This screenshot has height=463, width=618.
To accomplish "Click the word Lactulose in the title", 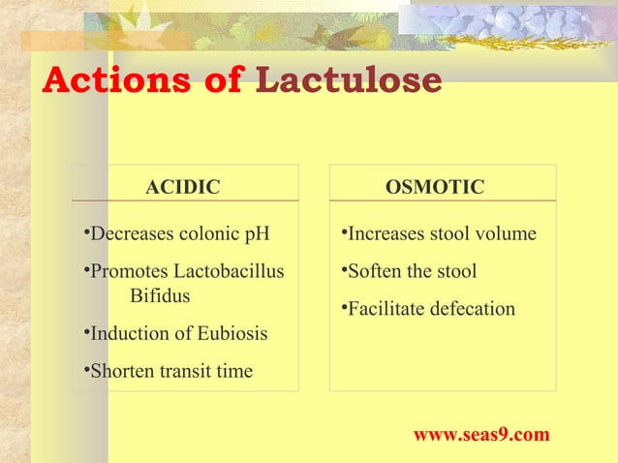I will point(348,81).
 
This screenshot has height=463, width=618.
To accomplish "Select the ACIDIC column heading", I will point(183,186).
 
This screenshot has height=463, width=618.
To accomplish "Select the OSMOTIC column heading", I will point(435,186).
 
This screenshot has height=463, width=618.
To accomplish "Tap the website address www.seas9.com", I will point(481,435).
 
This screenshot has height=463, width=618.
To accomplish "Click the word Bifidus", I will point(161,294).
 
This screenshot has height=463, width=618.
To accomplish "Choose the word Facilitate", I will point(385,309).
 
